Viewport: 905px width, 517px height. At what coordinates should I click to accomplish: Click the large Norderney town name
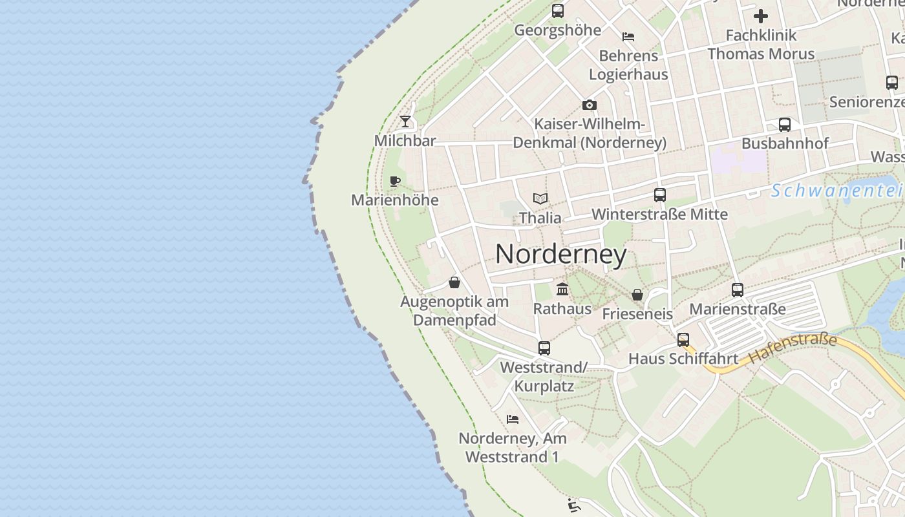[x=560, y=255]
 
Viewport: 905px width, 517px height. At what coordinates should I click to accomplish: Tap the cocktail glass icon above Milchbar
[x=405, y=121]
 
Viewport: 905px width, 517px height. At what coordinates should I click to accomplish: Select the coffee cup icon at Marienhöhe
[x=395, y=181]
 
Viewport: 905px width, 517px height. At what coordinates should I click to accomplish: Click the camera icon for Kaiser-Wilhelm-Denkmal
[x=589, y=105]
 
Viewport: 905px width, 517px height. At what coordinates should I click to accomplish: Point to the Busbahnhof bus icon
[x=784, y=125]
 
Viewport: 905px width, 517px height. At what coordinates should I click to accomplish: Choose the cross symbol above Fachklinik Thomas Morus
[x=761, y=16]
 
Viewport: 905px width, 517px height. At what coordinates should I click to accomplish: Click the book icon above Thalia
[x=540, y=198]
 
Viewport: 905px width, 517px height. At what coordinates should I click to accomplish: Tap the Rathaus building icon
[x=562, y=290]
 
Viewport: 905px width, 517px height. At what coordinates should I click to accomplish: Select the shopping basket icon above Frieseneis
[x=637, y=295]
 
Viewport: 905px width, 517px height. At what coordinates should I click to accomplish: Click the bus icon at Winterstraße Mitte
[x=659, y=195]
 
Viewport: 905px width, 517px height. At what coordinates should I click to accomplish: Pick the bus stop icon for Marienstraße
[x=738, y=290]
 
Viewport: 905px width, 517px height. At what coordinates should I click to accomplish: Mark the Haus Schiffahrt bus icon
[x=683, y=339]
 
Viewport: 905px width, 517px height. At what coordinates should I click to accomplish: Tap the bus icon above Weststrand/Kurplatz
[x=544, y=348]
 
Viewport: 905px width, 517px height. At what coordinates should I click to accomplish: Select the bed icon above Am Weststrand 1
[x=513, y=419]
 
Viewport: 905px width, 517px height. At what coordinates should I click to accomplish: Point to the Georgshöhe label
[x=557, y=30]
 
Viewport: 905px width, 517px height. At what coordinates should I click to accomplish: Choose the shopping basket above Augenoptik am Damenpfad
[x=454, y=282]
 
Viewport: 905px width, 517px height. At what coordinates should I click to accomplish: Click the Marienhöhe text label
[x=394, y=200]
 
